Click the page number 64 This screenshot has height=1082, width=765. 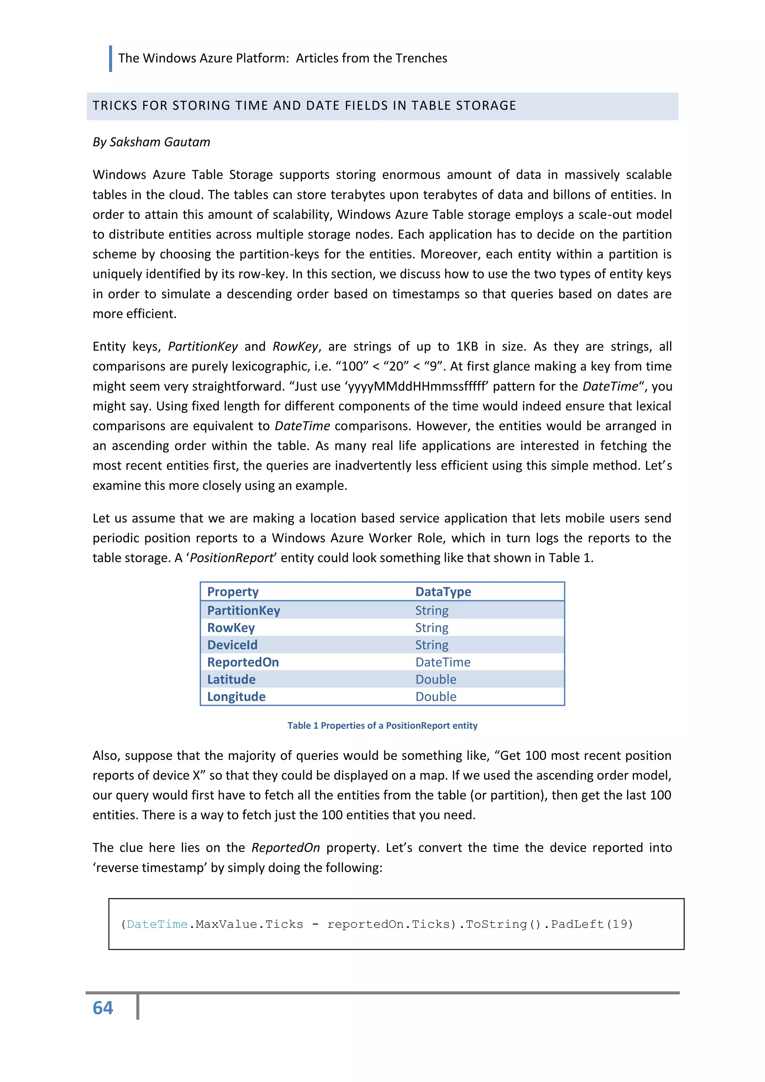(103, 1008)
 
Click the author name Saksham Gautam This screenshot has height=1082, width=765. (160, 142)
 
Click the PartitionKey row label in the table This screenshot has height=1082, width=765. (244, 610)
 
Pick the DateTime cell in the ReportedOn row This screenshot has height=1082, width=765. (443, 662)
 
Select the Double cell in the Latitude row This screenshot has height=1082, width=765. (436, 679)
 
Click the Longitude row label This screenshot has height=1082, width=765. (236, 697)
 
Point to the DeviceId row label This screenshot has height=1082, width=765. (232, 645)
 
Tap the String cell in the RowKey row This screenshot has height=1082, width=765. (431, 628)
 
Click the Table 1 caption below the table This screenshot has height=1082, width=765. (382, 725)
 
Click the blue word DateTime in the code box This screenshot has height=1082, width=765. (157, 924)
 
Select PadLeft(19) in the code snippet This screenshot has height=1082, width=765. (592, 924)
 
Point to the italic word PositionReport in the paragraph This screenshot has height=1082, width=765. (231, 558)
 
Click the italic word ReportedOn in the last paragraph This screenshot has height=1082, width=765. (285, 848)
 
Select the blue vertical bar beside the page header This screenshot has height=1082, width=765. (110, 58)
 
